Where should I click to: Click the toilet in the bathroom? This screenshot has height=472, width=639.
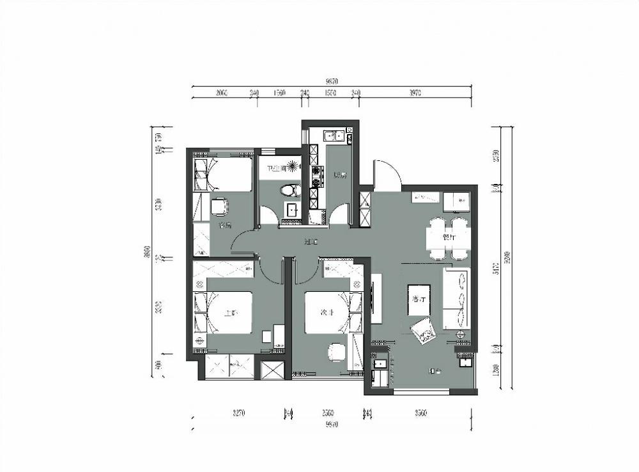(x=290, y=190)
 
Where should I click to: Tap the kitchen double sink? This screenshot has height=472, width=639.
(x=334, y=135)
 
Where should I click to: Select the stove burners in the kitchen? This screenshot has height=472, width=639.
(x=314, y=176)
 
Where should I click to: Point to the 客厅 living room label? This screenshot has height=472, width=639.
(x=420, y=300)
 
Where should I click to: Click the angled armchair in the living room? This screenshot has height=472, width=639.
(x=422, y=331)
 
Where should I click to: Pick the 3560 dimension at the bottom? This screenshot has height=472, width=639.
(x=419, y=413)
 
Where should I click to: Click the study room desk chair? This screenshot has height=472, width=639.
(x=219, y=206)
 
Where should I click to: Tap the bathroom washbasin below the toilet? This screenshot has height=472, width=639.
(x=292, y=209)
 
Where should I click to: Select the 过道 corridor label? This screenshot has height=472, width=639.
(x=311, y=242)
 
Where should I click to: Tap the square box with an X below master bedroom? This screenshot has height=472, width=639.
(x=272, y=370)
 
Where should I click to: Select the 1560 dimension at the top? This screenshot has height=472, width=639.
(x=279, y=93)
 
